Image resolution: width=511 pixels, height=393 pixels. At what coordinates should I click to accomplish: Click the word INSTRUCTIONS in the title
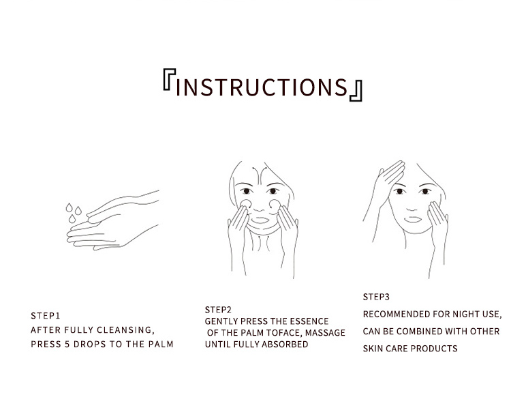coord(262,87)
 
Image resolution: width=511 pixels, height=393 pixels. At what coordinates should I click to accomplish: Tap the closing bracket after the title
coord(356,91)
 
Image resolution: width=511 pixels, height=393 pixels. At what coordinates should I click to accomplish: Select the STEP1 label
coord(45,316)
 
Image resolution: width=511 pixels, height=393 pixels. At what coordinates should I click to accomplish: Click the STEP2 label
coord(218,310)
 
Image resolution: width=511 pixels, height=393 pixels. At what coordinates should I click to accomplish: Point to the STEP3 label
coord(376,297)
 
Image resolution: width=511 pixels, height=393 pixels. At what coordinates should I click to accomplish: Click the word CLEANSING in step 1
coord(125,330)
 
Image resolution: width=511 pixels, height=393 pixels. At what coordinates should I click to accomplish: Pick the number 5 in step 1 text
coord(67,345)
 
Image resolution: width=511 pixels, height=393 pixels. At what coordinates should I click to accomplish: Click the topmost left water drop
coord(69,207)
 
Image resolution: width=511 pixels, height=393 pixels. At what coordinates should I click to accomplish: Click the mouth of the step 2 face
coord(260,220)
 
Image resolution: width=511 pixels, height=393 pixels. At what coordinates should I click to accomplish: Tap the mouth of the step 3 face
coord(413,219)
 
